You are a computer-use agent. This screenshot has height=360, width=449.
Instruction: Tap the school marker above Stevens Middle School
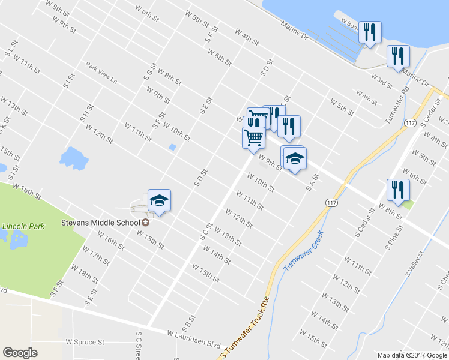coord(160,200)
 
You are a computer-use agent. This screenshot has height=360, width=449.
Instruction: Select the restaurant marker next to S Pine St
coord(398,190)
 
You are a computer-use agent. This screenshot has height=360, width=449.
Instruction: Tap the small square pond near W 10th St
coord(173,147)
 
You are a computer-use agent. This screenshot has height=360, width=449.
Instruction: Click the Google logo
coord(20,353)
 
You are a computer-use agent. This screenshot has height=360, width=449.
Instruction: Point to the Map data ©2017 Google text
coord(412,355)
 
